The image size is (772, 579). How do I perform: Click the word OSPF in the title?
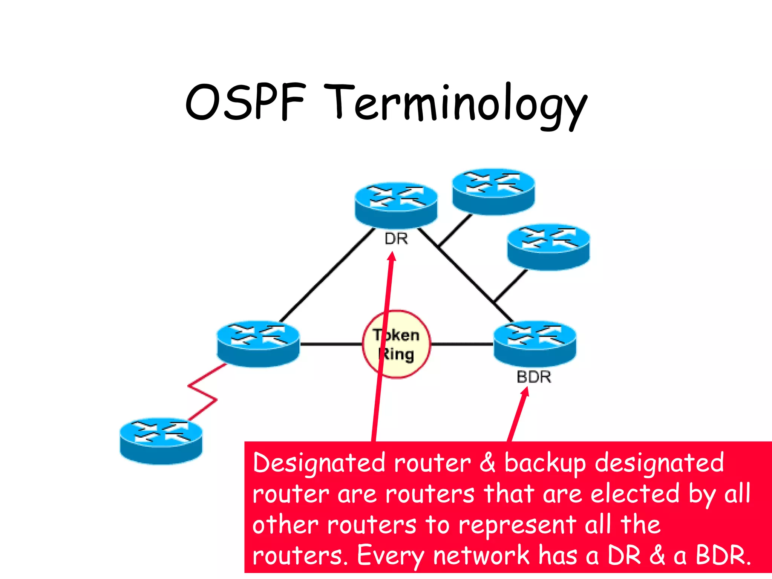click(245, 102)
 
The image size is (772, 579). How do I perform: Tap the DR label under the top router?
click(396, 239)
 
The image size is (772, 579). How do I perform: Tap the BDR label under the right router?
click(534, 377)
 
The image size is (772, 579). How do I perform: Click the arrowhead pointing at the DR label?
click(392, 256)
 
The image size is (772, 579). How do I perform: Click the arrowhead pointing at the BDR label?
click(525, 392)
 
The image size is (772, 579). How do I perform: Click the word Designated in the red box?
click(319, 464)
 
